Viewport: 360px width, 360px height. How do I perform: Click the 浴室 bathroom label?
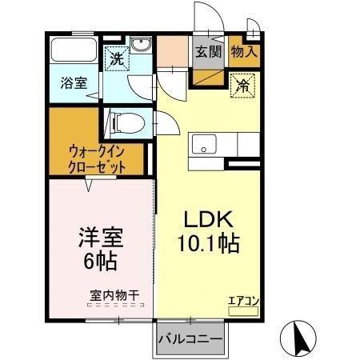(x=74, y=82)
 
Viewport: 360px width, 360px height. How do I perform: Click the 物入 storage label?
(x=243, y=51)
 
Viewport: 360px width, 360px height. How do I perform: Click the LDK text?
(x=210, y=218)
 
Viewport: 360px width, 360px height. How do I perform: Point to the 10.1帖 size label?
(x=210, y=242)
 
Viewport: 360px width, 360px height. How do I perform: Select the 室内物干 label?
(x=114, y=295)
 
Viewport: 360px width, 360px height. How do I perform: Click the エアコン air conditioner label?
(x=242, y=301)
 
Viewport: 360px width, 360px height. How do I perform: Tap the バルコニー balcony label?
(x=190, y=338)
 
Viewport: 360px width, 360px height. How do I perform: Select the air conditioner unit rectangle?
(x=243, y=311)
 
